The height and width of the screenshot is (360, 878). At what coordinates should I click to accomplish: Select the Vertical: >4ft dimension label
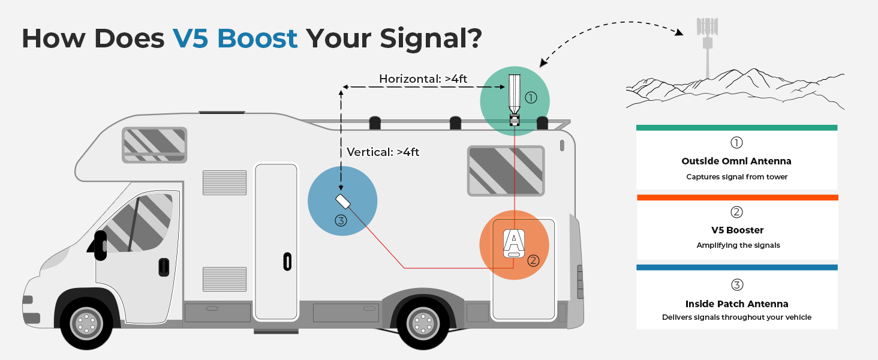(x=383, y=152)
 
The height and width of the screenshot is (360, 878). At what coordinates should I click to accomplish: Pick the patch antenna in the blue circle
(x=343, y=200)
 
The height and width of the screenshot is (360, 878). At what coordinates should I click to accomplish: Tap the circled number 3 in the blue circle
(x=341, y=221)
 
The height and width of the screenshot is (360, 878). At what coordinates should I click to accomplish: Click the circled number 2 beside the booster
(x=533, y=260)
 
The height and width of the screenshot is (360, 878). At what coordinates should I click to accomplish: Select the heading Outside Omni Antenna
(x=736, y=161)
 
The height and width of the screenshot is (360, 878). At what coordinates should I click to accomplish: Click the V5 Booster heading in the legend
(x=736, y=230)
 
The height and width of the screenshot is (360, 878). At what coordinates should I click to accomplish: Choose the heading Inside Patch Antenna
(x=736, y=304)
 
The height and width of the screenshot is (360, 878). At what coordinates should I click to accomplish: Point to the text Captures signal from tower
(x=736, y=177)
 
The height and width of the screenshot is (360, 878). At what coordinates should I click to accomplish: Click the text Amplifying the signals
(x=736, y=245)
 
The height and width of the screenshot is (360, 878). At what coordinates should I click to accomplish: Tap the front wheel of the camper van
(x=86, y=324)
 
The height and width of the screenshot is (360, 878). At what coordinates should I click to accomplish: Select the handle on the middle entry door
(x=287, y=262)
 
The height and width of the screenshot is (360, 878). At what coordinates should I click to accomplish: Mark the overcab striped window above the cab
(x=154, y=144)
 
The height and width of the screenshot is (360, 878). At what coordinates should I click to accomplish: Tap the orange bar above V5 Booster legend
(x=736, y=197)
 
